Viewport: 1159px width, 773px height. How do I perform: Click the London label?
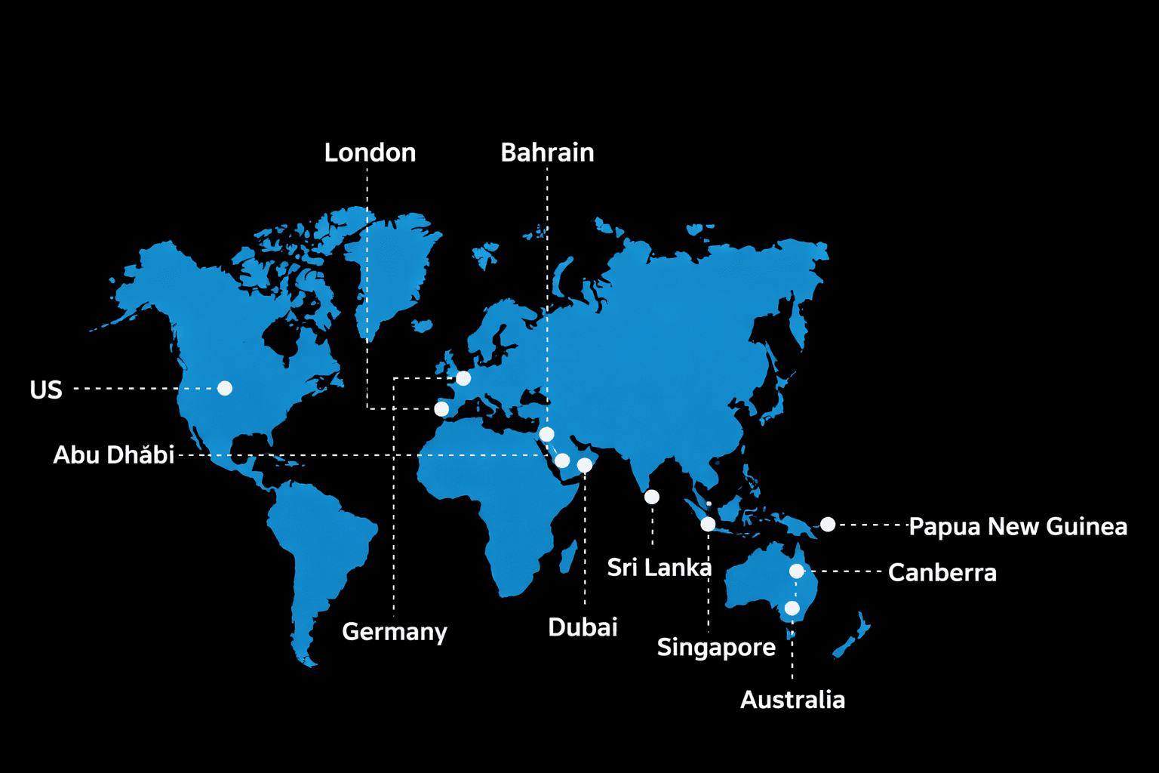click(370, 152)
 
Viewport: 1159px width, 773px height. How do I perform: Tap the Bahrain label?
click(547, 152)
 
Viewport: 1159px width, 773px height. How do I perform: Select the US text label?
click(46, 390)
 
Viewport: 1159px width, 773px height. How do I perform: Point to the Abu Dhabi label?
click(114, 454)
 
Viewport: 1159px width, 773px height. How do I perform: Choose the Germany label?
click(395, 631)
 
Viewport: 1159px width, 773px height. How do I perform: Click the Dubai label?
click(583, 627)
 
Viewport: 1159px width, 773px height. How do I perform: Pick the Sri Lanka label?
click(659, 567)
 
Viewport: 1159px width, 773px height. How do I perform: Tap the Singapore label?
click(716, 647)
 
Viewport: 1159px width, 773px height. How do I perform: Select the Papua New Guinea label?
click(1018, 526)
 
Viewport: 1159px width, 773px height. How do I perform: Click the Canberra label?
click(942, 572)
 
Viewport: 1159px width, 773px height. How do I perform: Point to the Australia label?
click(792, 700)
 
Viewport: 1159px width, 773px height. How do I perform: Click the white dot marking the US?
click(225, 388)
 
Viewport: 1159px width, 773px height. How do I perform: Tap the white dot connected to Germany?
click(463, 378)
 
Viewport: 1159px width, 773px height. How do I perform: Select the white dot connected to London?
click(441, 409)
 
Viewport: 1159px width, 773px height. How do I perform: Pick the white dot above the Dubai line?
click(585, 465)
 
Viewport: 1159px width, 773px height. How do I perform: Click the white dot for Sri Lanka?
click(652, 497)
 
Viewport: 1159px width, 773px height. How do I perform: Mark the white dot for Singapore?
click(708, 524)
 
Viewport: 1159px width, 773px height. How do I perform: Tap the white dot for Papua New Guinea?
click(828, 524)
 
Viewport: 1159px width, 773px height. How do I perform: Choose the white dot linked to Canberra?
click(797, 571)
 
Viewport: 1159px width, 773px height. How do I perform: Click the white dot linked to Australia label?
click(792, 608)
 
